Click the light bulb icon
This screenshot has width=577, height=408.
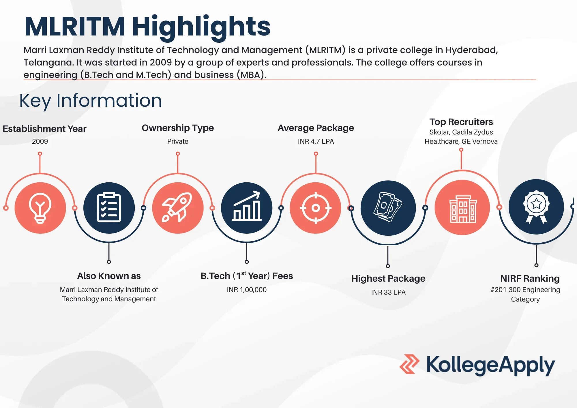40,208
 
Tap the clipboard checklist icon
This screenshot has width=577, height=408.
109,208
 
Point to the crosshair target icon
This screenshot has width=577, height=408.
316,208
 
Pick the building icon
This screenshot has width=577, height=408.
462,208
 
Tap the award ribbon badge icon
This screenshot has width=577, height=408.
536,207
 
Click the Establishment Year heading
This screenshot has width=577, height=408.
44,129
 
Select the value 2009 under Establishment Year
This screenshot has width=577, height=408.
40,141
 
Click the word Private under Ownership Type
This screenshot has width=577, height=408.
178,141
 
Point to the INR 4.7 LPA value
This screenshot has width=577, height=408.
316,141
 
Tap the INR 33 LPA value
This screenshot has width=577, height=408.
388,292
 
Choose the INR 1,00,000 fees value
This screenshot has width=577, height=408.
247,290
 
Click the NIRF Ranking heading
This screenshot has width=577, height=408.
530,278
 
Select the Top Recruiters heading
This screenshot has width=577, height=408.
461,122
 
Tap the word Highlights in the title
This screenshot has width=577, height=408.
201,27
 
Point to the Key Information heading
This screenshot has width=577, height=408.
91,101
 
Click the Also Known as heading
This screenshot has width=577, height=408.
109,276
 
